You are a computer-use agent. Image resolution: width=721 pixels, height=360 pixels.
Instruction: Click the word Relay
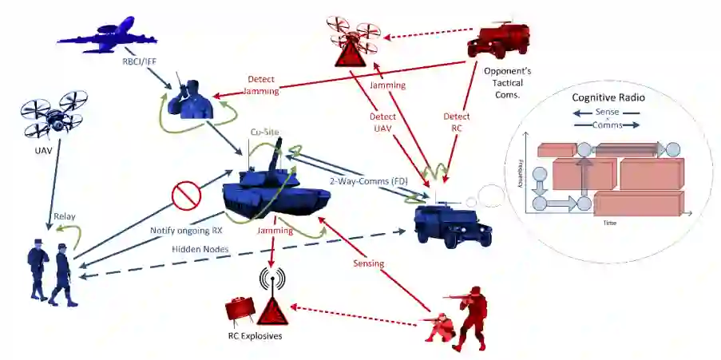pos(64,216)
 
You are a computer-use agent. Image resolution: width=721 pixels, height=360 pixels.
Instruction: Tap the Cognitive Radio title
pos(608,97)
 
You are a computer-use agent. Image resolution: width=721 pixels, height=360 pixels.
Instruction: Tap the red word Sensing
pos(369,263)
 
